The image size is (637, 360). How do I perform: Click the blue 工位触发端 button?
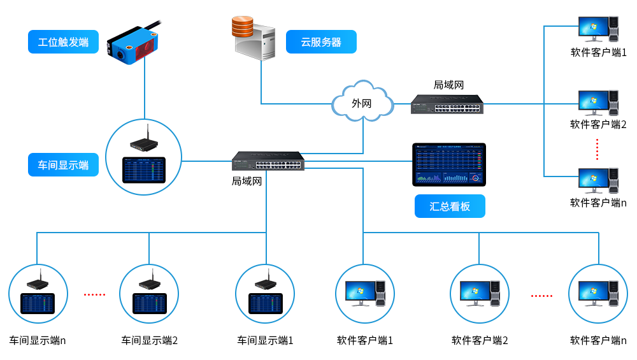pos(63,42)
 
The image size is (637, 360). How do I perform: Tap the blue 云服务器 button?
pos(321,42)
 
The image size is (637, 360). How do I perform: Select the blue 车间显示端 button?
pos(63,165)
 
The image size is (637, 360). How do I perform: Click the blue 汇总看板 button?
pos(450,206)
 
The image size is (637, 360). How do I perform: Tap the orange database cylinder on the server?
pos(243,27)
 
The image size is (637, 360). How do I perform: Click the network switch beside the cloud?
pos(447,104)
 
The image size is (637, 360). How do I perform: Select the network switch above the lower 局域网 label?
pos(268,161)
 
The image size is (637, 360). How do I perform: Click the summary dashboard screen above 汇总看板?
pos(449,164)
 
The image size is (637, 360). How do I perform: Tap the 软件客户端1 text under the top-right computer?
pos(598,52)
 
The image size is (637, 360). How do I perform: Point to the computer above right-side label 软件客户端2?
pos(598,103)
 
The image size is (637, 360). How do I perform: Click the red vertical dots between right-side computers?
pos(598,149)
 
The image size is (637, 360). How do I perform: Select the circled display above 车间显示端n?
pos(38,294)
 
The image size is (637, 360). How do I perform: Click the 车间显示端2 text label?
pos(150,340)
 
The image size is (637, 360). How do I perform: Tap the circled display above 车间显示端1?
pos(265,294)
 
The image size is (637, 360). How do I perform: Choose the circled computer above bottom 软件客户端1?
pos(365,294)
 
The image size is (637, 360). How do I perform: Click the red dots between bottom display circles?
pos(95,294)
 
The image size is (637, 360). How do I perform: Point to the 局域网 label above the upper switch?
pos(449,85)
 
